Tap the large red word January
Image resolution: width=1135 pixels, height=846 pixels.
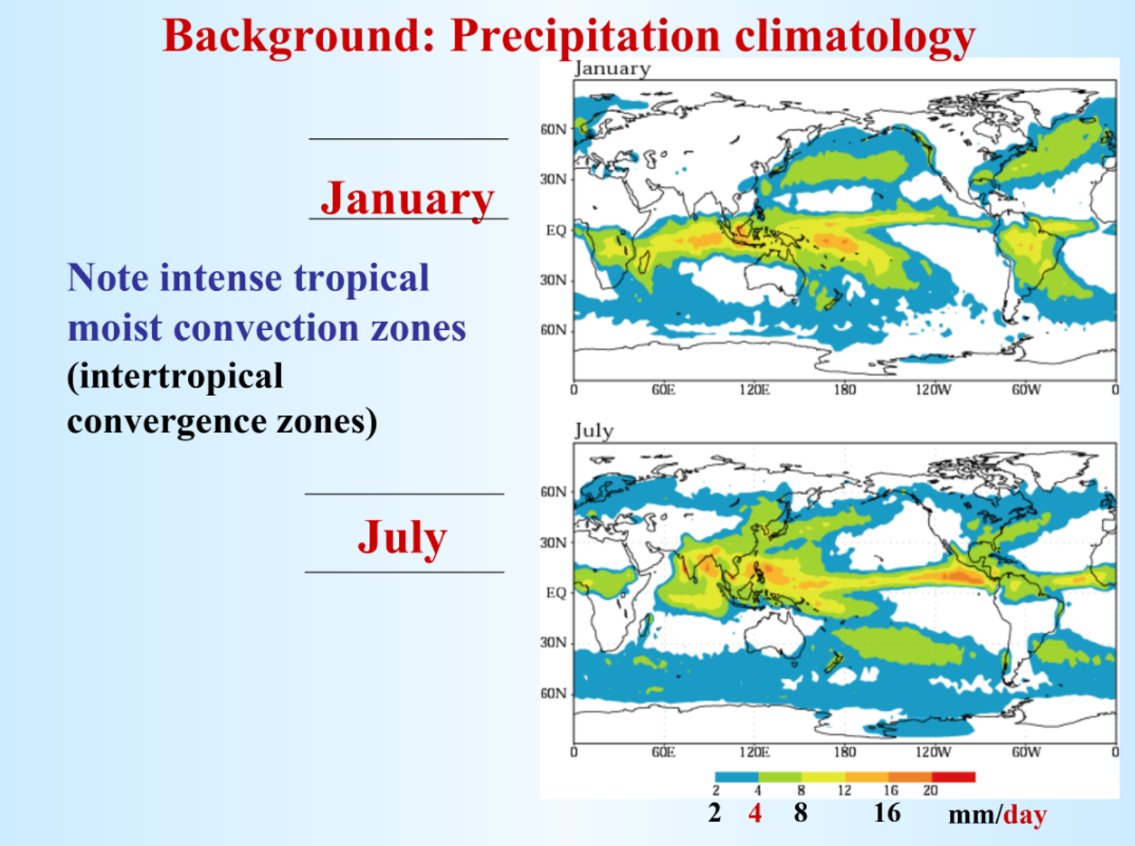[x=407, y=198]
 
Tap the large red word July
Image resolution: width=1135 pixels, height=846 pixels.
[x=402, y=538]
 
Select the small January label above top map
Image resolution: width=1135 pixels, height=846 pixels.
[x=612, y=69]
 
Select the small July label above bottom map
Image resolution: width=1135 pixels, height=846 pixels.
[x=594, y=430]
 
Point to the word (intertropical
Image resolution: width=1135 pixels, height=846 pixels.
[x=175, y=376]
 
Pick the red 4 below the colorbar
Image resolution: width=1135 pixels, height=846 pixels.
[x=755, y=814]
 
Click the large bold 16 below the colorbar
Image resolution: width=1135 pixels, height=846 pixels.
[x=887, y=813]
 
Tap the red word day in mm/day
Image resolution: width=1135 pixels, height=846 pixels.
[x=1025, y=815]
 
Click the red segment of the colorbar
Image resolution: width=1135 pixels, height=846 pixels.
[x=953, y=777]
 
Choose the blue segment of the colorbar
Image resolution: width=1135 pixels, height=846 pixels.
[x=736, y=777]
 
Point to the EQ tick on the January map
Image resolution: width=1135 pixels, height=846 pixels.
[x=556, y=231]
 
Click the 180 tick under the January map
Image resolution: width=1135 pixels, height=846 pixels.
[x=844, y=390]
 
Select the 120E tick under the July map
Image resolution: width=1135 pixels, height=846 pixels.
[x=754, y=752]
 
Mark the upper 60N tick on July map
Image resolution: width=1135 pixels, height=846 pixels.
[x=553, y=492]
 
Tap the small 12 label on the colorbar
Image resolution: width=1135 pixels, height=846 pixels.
[x=844, y=791]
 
